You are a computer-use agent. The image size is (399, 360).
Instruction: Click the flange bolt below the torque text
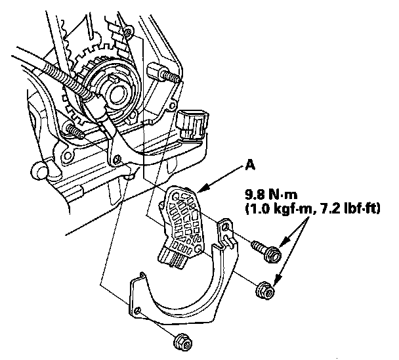click(268, 250)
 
